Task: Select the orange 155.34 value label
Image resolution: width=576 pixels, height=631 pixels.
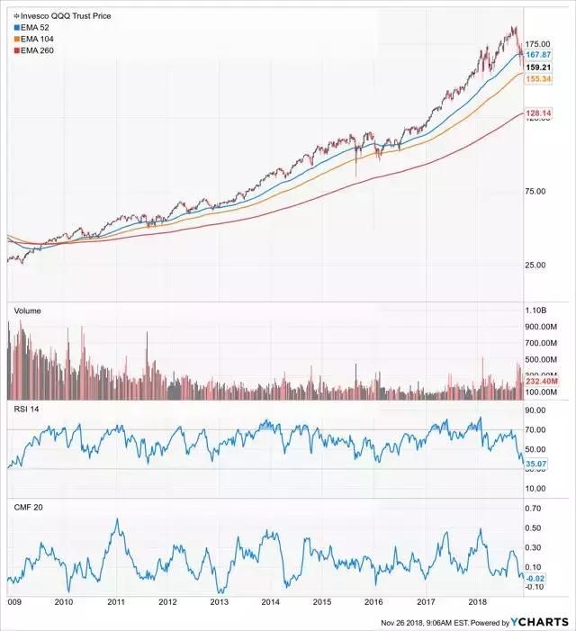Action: pos(538,79)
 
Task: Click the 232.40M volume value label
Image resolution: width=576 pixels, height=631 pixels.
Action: pos(540,383)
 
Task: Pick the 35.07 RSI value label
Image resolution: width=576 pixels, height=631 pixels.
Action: pos(538,465)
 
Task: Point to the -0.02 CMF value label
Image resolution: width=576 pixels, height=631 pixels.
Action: pos(538,577)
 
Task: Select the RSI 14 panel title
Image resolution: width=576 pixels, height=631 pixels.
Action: pos(28,409)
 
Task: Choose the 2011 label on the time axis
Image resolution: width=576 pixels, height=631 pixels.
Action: pos(117,601)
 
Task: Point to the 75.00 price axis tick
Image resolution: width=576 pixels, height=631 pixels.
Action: pos(538,191)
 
